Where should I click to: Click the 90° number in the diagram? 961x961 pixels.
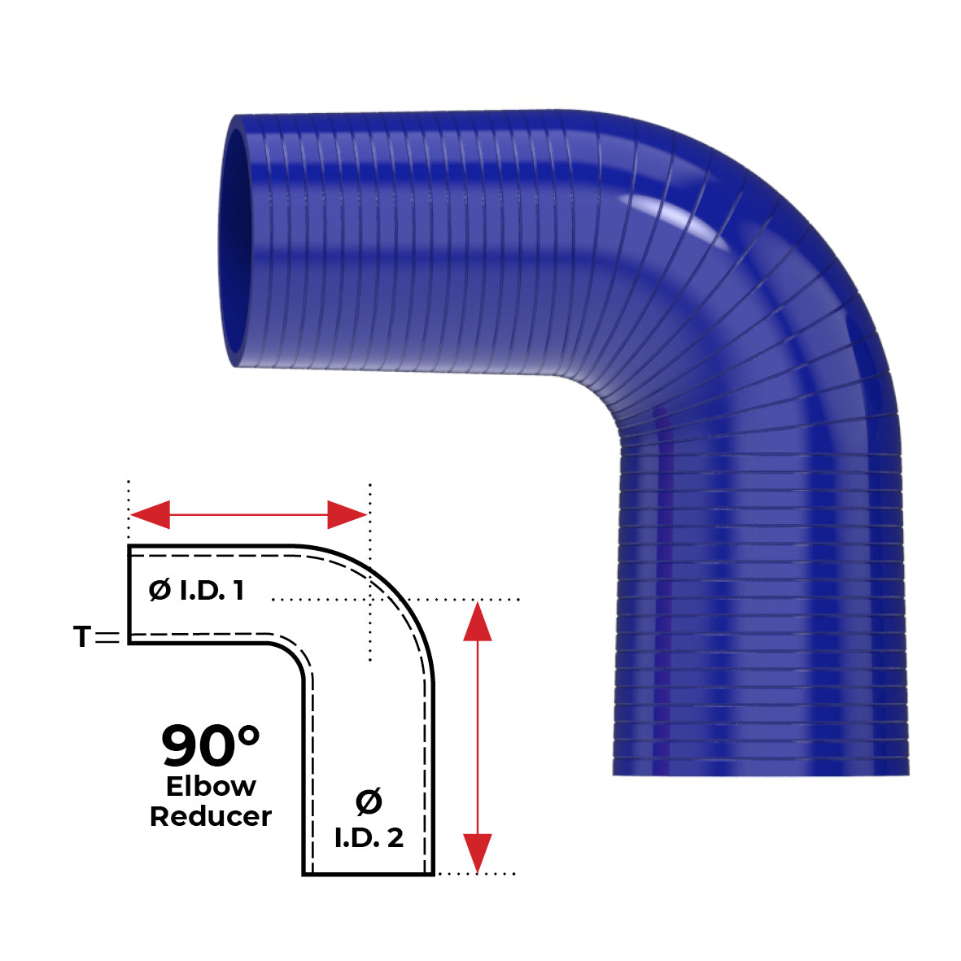[210, 746]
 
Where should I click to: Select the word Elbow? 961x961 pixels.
[211, 786]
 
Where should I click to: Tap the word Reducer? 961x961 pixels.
[211, 816]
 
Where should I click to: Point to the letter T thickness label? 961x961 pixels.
[81, 637]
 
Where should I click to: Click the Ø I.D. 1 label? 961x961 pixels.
[196, 591]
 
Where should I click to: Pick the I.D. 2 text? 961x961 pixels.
[369, 838]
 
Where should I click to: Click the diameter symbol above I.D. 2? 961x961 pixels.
[369, 803]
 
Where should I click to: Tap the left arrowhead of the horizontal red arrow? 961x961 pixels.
[151, 514]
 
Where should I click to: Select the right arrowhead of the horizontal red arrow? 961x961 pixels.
[346, 514]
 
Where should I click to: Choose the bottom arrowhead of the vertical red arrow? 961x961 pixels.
[478, 851]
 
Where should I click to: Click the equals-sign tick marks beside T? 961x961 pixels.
[107, 638]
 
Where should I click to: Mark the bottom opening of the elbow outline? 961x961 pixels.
[369, 874]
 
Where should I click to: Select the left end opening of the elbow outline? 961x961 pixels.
[129, 594]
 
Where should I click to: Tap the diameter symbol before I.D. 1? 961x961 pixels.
[159, 591]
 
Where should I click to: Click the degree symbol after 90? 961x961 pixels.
[247, 736]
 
